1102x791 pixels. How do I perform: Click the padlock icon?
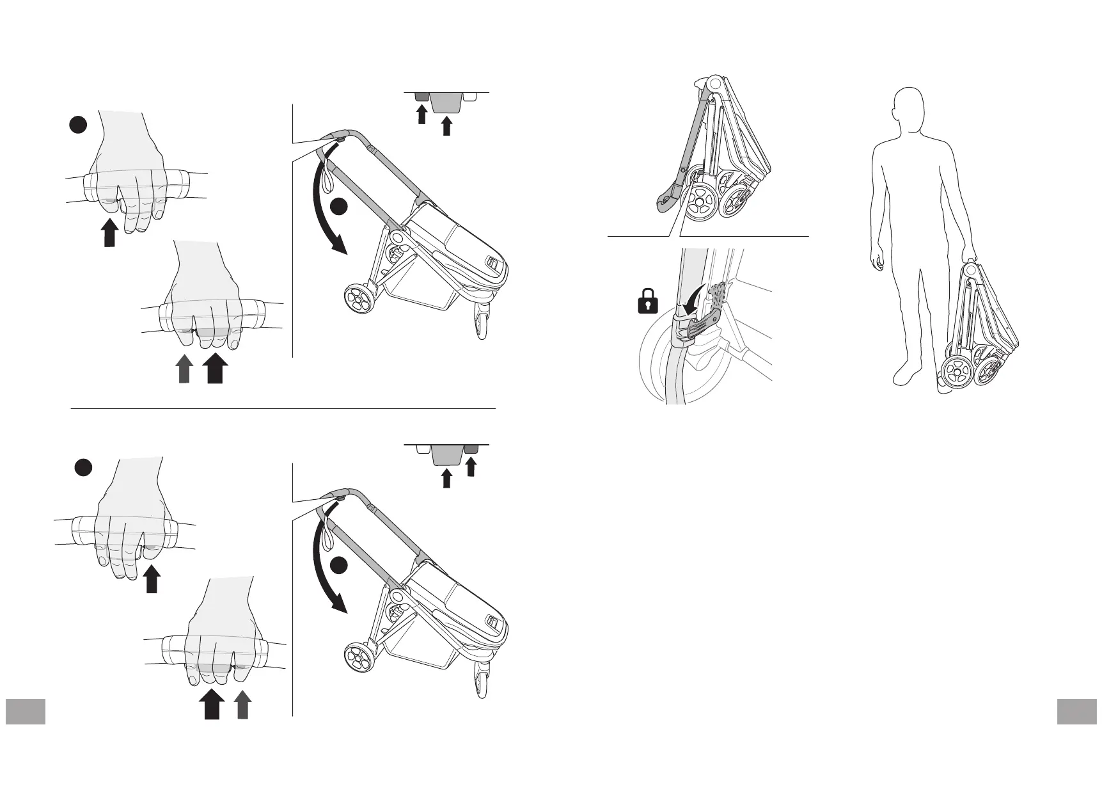(x=648, y=301)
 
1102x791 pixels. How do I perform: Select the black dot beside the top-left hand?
(x=78, y=126)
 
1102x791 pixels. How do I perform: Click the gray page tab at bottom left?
(x=26, y=711)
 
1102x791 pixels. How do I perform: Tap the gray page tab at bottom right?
(x=1077, y=711)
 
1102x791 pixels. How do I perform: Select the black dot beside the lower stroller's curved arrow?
(x=339, y=565)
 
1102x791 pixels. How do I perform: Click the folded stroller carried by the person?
(x=979, y=333)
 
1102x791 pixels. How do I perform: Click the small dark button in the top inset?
(x=421, y=97)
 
